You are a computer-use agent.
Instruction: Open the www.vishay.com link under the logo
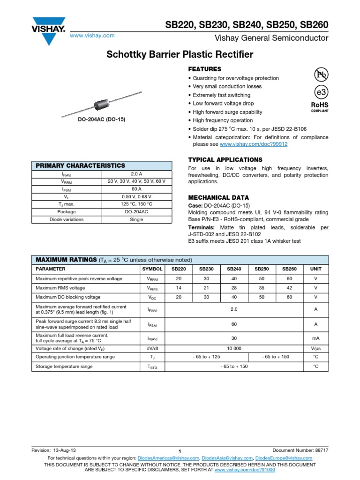(92, 36)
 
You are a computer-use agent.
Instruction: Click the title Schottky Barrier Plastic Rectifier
(180, 55)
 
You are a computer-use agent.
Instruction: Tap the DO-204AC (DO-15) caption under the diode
(101, 120)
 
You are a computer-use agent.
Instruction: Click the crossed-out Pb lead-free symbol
(321, 75)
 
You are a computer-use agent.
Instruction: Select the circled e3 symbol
(321, 92)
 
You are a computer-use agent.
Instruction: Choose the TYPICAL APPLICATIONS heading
(225, 160)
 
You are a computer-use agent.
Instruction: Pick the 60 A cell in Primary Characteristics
(137, 189)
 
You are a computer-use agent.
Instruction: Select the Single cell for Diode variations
(137, 219)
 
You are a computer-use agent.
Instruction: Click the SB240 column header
(234, 269)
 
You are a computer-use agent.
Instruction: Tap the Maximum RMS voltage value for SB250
(262, 288)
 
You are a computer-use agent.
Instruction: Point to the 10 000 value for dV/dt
(234, 348)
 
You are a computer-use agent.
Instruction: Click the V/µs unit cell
(315, 348)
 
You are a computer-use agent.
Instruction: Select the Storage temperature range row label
(64, 367)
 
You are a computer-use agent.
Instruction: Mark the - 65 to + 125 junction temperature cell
(207, 357)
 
